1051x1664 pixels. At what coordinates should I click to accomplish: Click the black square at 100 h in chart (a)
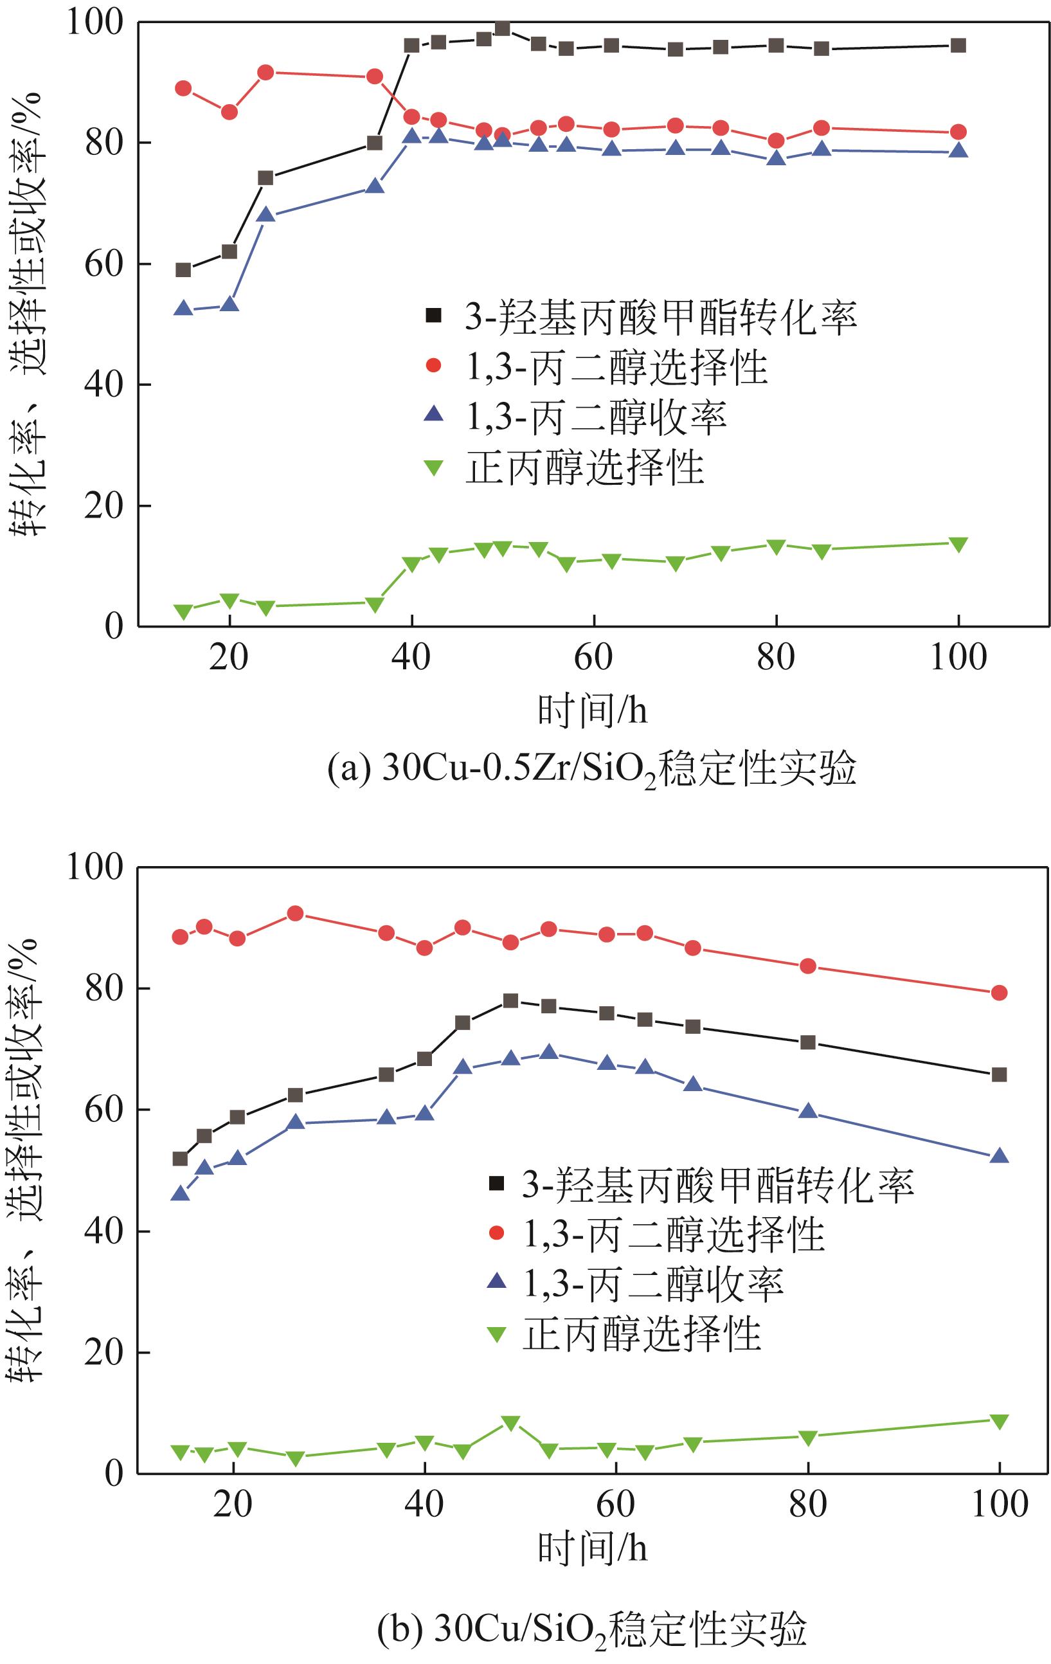[x=958, y=46]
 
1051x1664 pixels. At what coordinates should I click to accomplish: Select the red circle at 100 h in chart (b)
[x=998, y=993]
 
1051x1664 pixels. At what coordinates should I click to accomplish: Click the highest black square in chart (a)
[x=502, y=29]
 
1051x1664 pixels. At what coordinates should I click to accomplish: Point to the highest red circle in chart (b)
[x=295, y=914]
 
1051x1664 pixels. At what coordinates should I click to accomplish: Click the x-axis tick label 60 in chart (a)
[x=593, y=657]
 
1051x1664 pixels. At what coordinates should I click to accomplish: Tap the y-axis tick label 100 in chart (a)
[x=94, y=22]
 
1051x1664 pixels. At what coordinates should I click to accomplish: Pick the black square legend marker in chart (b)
[x=496, y=1184]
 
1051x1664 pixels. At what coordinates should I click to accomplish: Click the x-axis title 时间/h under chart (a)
[x=592, y=710]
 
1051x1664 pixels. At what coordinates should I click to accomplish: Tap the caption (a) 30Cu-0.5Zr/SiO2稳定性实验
[x=591, y=769]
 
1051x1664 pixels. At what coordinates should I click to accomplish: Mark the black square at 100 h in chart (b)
[x=998, y=1074]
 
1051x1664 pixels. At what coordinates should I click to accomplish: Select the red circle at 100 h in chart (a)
[x=958, y=132]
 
